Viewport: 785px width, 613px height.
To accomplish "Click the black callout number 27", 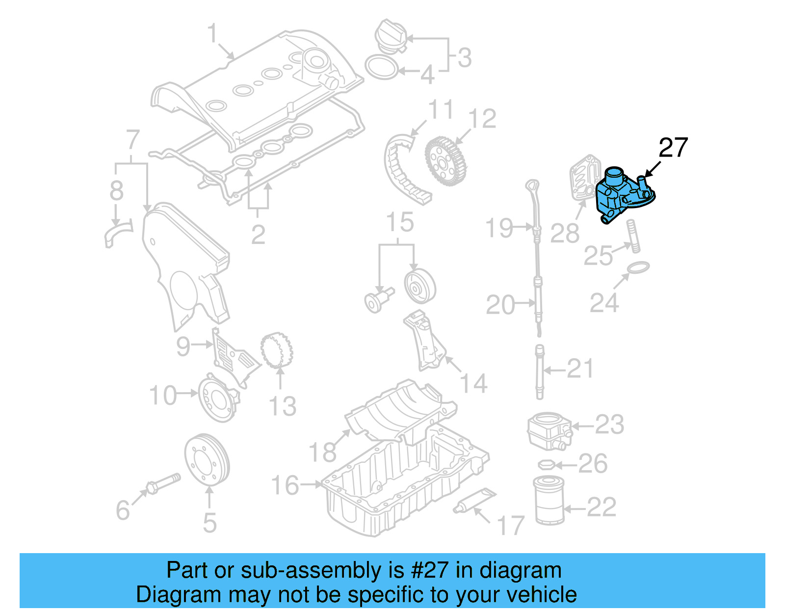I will pyautogui.click(x=673, y=148).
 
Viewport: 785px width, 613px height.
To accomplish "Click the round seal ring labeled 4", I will pyautogui.click(x=381, y=67).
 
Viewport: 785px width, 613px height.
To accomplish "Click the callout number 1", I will pyautogui.click(x=212, y=34).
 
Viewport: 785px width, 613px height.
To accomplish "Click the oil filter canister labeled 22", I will pyautogui.click(x=549, y=500).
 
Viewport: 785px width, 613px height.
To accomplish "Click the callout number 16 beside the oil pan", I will pyautogui.click(x=285, y=485).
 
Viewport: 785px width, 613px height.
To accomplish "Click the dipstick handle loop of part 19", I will pyautogui.click(x=532, y=187).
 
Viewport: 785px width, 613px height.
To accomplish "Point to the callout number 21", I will pyautogui.click(x=580, y=369).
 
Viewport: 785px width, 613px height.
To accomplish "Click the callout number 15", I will pyautogui.click(x=400, y=222).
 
